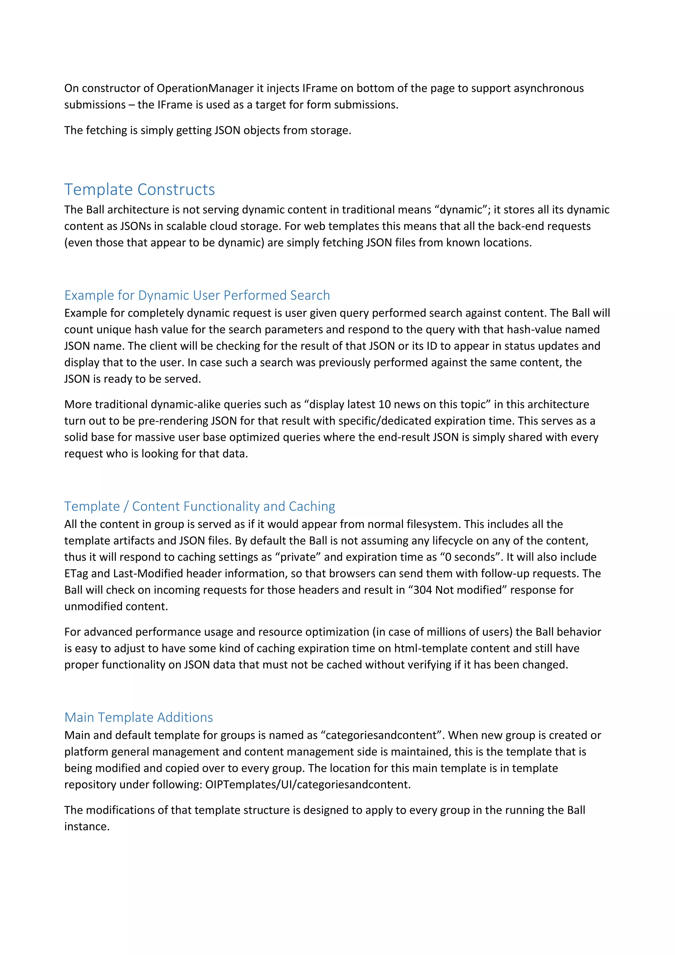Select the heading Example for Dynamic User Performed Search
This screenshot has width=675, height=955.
pos(197,295)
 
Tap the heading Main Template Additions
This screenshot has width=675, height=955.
pos(138,718)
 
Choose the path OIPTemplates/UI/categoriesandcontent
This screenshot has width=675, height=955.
pos(308,785)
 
